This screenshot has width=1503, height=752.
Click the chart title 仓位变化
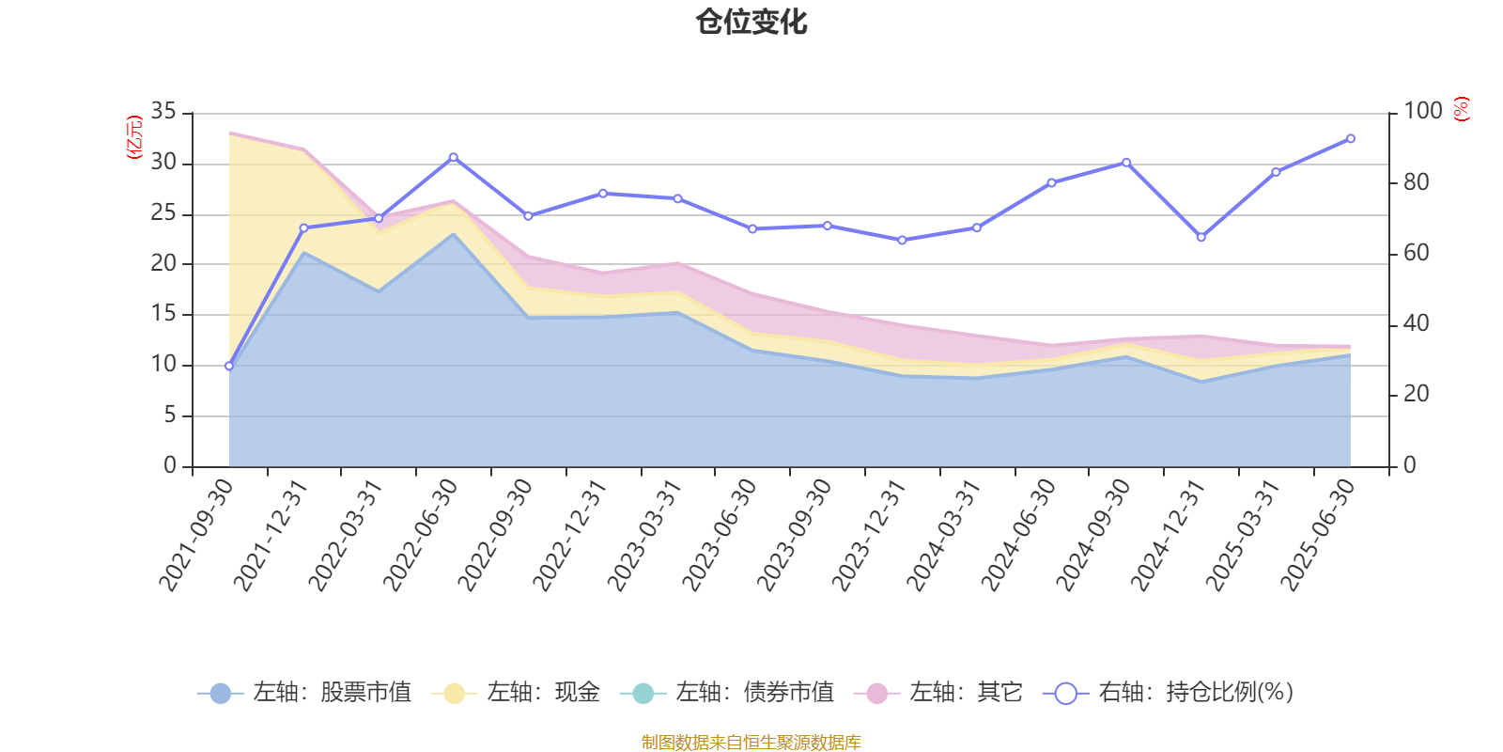[751, 23]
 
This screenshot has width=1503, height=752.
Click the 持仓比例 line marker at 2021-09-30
[228, 366]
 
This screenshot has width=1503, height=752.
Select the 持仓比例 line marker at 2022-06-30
[453, 157]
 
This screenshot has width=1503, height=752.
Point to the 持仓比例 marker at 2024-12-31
[1201, 237]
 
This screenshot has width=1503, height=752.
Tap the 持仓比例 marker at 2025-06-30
[1351, 138]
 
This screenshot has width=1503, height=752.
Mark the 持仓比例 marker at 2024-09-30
[1126, 163]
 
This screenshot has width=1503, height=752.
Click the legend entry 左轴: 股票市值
[305, 693]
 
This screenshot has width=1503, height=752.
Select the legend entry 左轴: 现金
[516, 693]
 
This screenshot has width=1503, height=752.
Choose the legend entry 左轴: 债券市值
[727, 693]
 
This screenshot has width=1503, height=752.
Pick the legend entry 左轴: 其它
[938, 693]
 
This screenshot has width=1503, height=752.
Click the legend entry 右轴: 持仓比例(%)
[1169, 693]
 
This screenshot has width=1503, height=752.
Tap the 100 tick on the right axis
[1422, 112]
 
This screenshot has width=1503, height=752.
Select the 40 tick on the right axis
[1417, 323]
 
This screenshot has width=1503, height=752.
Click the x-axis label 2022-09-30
[495, 534]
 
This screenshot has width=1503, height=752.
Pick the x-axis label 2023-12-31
[869, 534]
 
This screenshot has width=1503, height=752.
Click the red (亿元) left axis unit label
[134, 137]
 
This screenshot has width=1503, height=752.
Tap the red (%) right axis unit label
[1461, 109]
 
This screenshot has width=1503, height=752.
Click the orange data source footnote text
[751, 743]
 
